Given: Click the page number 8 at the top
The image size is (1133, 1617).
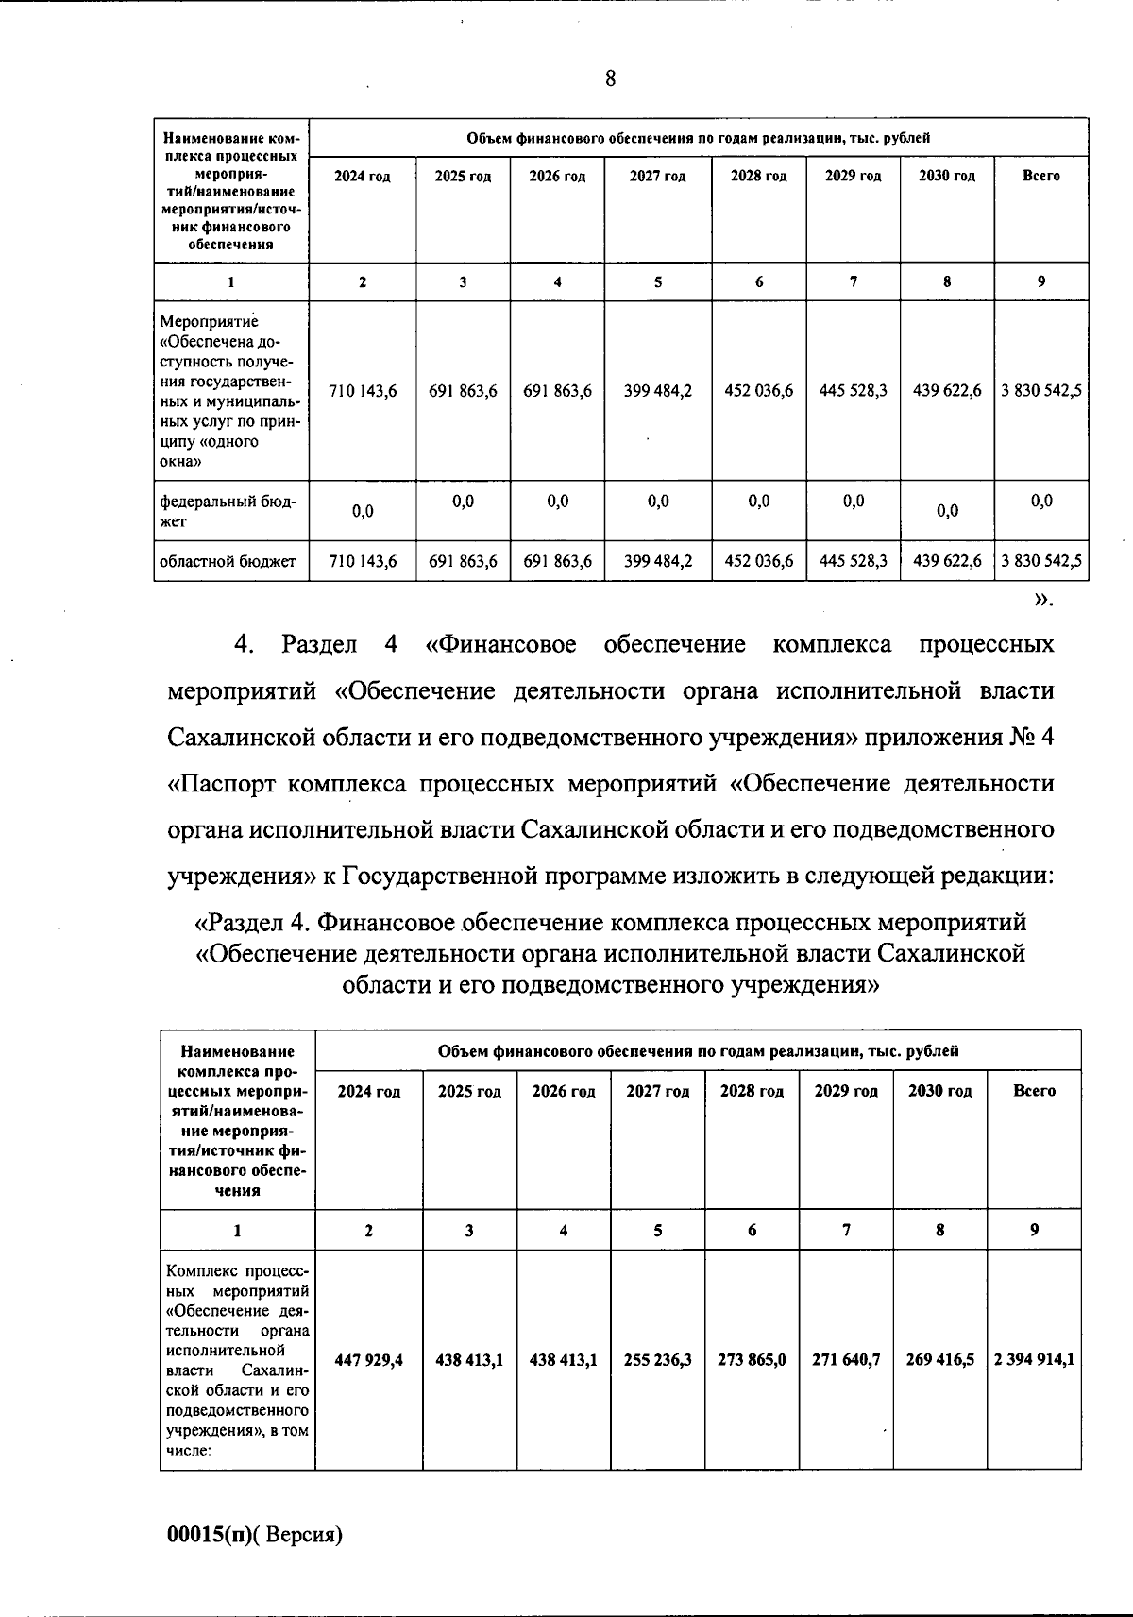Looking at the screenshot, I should (611, 78).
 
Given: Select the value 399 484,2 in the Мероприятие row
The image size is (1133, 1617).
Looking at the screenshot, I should (658, 390).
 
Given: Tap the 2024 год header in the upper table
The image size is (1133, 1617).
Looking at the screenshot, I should (362, 177).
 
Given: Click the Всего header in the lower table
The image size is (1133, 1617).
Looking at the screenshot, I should (1034, 1091).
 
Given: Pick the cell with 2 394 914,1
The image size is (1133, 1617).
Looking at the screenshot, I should (1034, 1360).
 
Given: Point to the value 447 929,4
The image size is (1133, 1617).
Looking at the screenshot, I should (369, 1360).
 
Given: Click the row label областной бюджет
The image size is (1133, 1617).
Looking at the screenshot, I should (228, 561).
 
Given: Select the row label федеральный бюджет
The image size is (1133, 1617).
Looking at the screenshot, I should (228, 511).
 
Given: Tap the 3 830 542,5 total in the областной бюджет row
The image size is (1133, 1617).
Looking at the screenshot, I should (1041, 561).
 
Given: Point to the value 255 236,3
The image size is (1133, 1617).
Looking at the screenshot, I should (658, 1360).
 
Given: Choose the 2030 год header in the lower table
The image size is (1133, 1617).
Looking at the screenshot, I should (939, 1091).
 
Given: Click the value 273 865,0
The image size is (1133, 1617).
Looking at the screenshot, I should (752, 1360).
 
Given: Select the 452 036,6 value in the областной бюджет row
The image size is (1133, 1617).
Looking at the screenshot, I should (759, 561).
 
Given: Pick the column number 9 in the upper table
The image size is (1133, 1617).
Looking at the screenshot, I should (1041, 281).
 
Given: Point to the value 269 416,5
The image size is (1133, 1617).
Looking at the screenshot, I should (939, 1360).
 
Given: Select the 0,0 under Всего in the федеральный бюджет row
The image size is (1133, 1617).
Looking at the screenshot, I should (1041, 502).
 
